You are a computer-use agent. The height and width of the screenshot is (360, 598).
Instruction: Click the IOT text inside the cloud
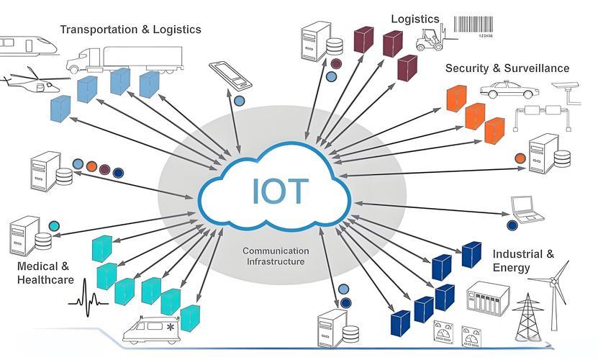[279, 192]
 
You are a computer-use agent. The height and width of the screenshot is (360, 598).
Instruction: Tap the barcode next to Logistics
[474, 26]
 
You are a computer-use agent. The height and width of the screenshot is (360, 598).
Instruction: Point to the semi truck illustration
[124, 60]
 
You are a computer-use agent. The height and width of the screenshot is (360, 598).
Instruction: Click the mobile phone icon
[231, 75]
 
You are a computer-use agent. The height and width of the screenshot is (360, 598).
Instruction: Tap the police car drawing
[509, 90]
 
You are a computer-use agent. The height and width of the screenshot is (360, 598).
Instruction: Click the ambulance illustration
[151, 330]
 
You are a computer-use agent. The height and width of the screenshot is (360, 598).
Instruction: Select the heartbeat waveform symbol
[88, 299]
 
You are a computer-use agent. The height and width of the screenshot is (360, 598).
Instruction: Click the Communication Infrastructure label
[276, 256]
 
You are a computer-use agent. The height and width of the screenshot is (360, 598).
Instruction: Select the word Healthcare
[45, 280]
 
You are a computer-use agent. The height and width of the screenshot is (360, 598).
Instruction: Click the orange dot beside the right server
[520, 158]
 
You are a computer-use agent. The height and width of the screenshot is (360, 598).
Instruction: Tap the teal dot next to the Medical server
[54, 226]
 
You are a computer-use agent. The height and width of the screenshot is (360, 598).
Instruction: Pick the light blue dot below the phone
[239, 101]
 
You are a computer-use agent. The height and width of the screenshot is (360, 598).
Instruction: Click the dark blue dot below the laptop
[512, 225]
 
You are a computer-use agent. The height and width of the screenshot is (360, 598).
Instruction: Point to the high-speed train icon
[28, 46]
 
